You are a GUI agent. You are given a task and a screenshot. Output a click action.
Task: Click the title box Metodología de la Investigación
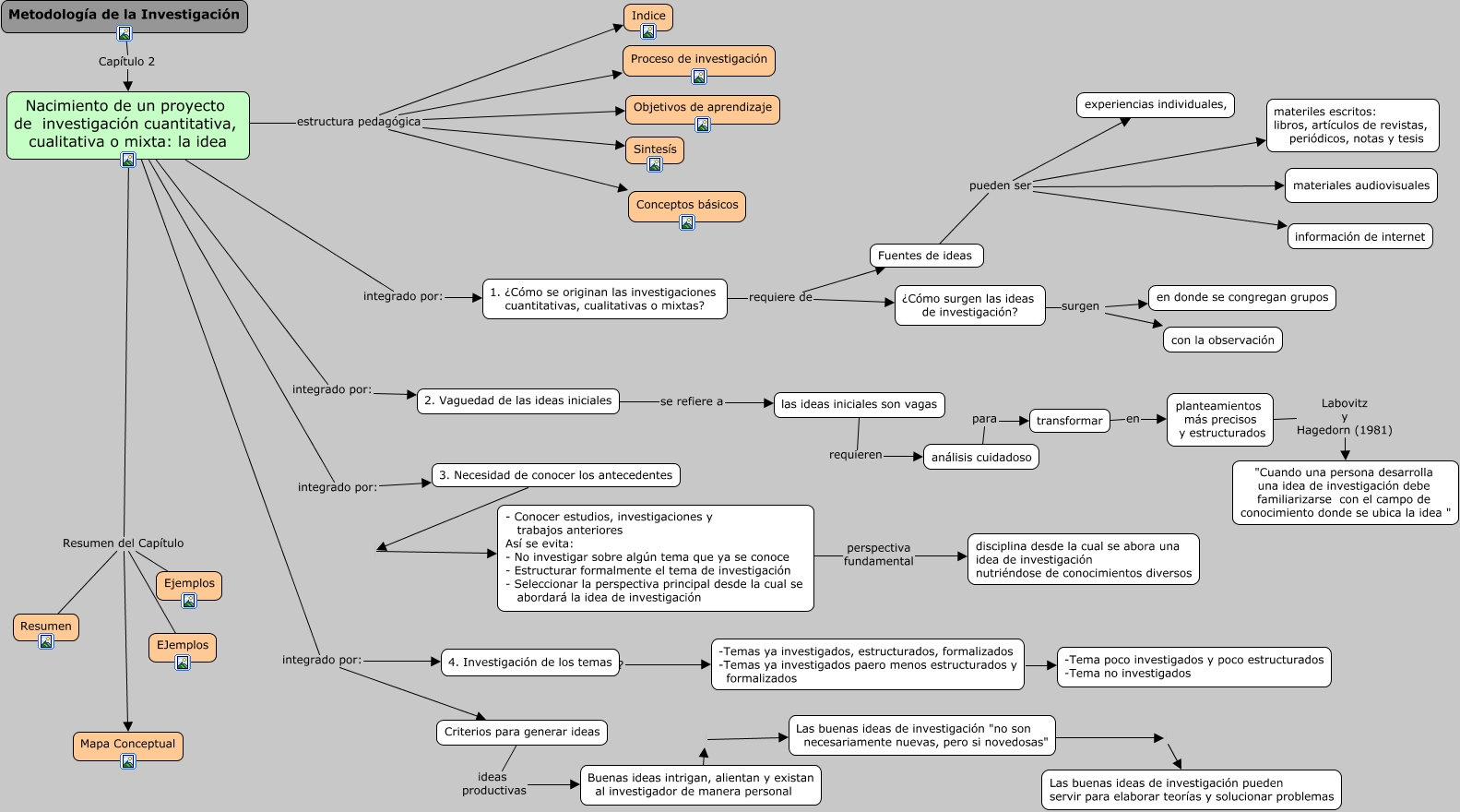124,15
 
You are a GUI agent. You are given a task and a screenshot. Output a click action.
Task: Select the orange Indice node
648,16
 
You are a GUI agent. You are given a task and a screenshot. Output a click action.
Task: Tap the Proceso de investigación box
698,59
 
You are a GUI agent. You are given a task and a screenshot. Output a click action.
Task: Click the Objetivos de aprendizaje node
702,107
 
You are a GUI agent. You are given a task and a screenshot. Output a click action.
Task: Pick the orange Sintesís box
655,149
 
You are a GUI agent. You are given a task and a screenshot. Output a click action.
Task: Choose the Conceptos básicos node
687,205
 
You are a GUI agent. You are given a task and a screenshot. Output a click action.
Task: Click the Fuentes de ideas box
925,256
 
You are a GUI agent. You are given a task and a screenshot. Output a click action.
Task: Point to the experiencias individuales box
1155,105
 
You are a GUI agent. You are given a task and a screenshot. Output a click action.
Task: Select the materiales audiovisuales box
1360,185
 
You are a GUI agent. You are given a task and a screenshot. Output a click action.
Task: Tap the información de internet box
1359,237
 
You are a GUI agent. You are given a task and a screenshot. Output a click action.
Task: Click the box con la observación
1222,340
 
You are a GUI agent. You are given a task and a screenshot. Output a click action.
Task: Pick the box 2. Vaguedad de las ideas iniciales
517,401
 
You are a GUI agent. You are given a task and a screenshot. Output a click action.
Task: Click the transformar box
1069,421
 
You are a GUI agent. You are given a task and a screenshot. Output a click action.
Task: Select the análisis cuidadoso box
980,458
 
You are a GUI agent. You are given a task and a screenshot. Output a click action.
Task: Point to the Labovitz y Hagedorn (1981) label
1344,417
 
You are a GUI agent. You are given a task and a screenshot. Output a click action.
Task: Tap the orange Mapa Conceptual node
127,744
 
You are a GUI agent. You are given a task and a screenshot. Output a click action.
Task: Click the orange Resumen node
46,626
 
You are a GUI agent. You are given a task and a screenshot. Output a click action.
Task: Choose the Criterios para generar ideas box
521,733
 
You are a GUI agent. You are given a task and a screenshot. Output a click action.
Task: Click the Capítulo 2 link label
126,62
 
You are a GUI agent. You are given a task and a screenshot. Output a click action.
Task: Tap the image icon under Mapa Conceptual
128,761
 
